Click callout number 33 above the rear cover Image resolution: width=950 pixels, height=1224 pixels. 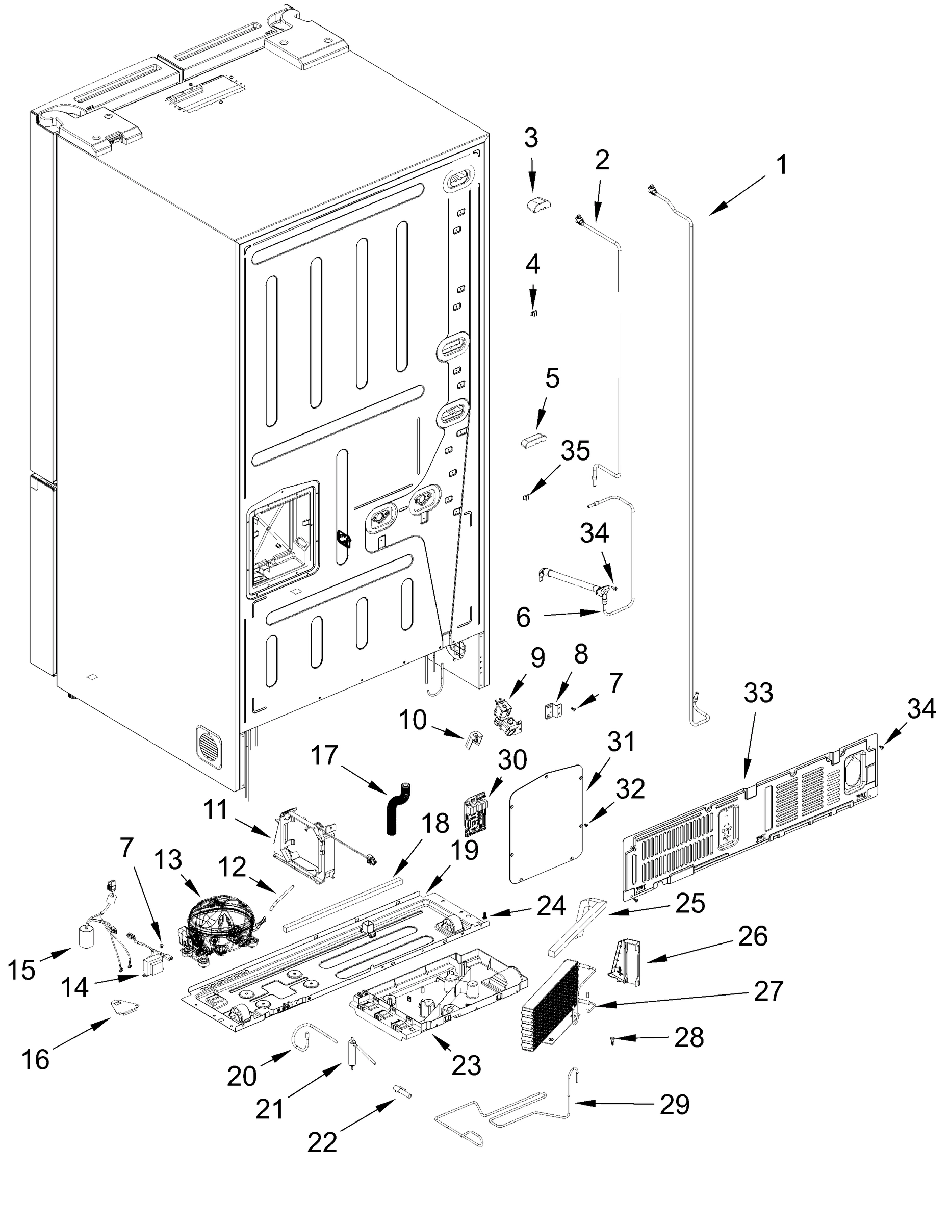click(758, 693)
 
